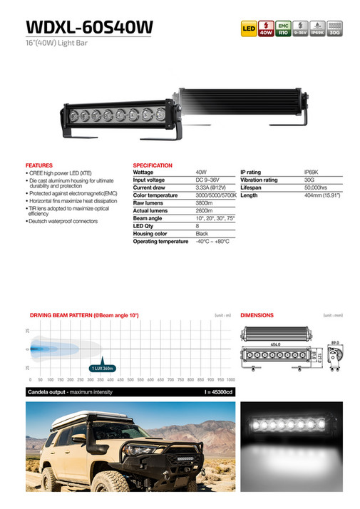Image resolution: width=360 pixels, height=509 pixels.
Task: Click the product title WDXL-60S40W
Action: (x=88, y=26)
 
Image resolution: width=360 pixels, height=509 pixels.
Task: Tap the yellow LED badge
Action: (x=249, y=30)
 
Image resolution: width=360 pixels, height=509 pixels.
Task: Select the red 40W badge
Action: (x=265, y=29)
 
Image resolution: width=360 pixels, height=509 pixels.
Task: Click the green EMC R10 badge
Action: (x=282, y=29)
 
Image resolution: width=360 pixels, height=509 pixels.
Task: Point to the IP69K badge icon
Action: (x=317, y=29)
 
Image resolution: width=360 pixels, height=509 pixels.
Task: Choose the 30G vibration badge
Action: (x=334, y=29)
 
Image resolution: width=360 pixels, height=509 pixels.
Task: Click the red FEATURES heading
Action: (x=38, y=165)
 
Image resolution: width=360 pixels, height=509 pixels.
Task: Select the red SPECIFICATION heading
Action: (x=153, y=165)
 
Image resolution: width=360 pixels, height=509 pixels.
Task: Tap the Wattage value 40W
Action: (x=201, y=173)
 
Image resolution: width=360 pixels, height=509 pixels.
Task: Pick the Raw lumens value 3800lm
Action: (x=205, y=203)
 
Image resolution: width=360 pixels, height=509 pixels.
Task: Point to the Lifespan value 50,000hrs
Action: (x=316, y=187)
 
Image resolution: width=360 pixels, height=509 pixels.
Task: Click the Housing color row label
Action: (x=150, y=234)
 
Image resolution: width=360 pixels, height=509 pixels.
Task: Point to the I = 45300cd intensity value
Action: (x=217, y=393)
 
